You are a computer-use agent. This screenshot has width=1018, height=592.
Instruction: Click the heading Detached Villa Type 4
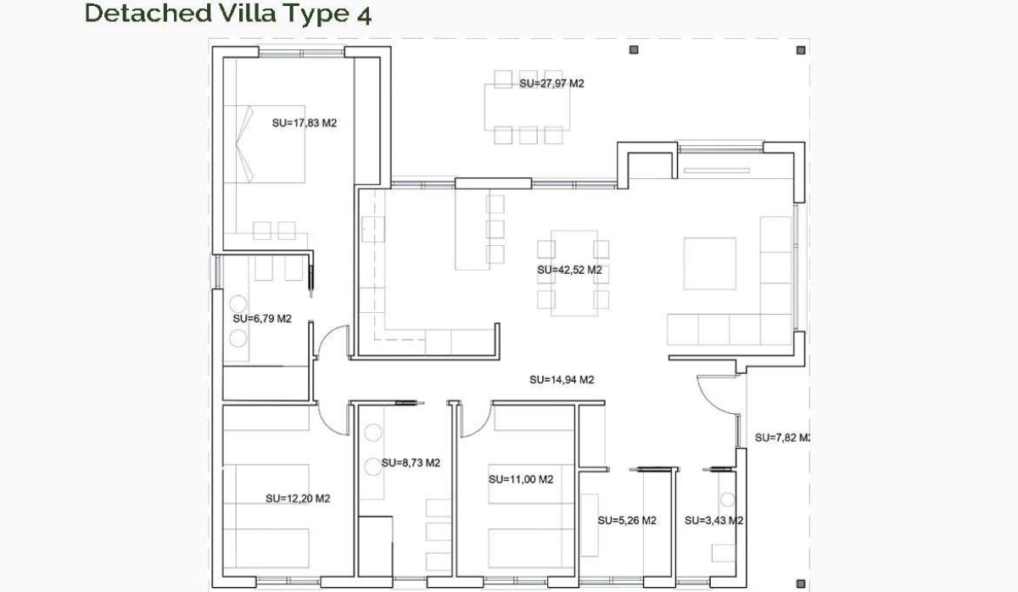tap(227, 14)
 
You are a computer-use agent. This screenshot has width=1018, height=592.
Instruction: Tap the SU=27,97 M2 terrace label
tap(551, 83)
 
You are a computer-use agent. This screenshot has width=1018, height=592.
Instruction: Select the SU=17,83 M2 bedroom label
tap(305, 122)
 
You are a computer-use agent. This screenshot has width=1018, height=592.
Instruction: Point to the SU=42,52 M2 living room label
tap(569, 270)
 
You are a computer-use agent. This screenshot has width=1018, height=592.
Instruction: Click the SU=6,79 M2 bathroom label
tap(262, 319)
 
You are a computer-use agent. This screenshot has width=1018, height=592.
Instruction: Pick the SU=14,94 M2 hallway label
tap(561, 380)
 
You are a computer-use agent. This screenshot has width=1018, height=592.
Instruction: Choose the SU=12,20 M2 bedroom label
tap(298, 499)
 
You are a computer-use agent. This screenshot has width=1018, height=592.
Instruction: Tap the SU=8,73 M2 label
tap(411, 463)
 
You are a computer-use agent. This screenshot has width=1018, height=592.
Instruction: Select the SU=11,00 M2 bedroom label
tap(521, 479)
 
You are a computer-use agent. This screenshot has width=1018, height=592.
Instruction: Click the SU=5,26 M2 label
tap(627, 521)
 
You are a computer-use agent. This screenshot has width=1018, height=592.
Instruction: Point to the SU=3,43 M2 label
tap(714, 521)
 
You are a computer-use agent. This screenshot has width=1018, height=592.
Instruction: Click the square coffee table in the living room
tap(710, 264)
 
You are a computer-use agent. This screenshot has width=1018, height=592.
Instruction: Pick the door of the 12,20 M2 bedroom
tap(333, 417)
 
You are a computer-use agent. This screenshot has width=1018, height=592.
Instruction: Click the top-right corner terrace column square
tap(799, 50)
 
